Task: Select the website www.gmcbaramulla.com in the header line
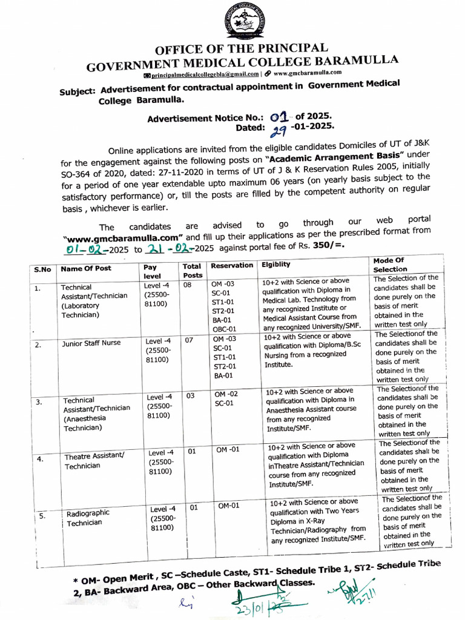(308, 73)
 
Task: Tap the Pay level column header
(151, 271)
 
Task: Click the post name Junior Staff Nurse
(91, 343)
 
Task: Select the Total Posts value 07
(189, 340)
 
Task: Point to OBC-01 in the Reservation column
(224, 329)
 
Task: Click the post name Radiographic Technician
(88, 518)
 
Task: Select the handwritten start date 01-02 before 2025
(88, 248)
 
